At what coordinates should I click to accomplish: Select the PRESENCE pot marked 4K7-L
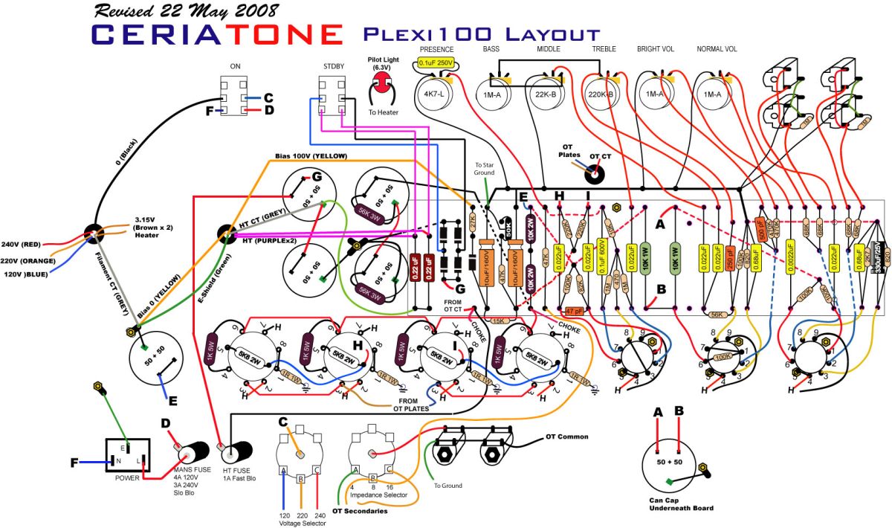[430, 94]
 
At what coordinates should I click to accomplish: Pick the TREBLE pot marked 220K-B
[601, 94]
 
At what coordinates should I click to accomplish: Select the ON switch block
[236, 97]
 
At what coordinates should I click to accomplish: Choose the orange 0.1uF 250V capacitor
[436, 63]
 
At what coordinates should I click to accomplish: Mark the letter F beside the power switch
[74, 463]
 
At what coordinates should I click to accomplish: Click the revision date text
[176, 10]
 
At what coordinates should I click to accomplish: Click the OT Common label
[566, 437]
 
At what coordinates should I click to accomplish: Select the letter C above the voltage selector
[283, 421]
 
